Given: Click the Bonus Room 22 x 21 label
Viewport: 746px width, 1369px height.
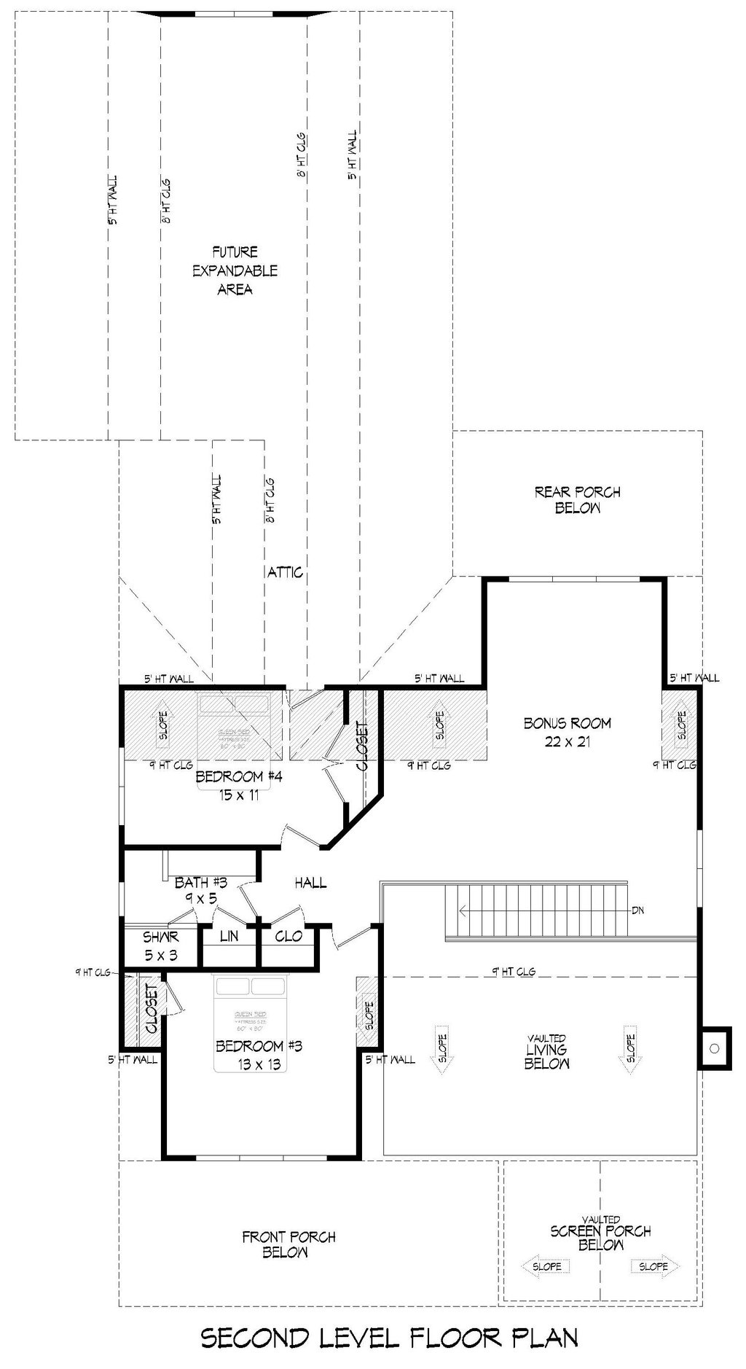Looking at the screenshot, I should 567,732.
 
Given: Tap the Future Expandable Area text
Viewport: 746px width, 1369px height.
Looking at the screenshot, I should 235,270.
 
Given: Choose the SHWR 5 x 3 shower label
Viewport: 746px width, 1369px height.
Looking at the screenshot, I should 160,945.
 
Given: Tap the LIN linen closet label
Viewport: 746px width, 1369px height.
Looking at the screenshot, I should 229,937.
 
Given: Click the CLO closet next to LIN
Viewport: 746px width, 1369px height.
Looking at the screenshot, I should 288,936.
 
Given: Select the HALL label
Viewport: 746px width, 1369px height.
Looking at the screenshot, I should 310,883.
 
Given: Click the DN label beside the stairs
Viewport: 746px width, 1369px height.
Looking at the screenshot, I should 637,910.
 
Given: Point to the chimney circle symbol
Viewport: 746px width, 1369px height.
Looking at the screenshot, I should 714,1048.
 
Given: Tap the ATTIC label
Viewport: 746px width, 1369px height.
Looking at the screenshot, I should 285,572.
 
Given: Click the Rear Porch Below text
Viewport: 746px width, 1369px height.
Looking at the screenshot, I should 577,500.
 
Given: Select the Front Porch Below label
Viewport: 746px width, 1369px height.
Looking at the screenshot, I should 288,1244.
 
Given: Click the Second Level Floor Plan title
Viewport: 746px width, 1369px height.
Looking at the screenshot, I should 389,1338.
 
